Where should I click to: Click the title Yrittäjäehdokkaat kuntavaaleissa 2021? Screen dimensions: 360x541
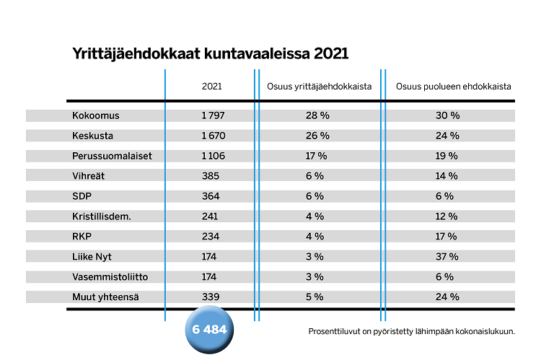211,54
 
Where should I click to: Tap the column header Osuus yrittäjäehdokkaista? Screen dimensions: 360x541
319,87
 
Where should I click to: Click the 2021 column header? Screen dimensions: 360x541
212,87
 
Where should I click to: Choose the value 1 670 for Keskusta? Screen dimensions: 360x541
211,136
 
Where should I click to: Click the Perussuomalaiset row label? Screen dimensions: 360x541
112,156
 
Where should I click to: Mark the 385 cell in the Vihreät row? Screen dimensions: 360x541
211,176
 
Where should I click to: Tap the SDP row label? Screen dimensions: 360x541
82,196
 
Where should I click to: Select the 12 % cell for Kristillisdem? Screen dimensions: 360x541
447,216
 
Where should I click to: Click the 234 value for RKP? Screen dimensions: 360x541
211,237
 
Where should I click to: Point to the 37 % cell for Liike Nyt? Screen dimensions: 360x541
448,257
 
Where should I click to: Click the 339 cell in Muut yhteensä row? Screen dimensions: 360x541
211,297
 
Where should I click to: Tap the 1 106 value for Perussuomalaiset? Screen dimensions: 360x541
211,156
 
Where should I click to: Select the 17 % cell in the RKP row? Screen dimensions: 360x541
447,237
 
